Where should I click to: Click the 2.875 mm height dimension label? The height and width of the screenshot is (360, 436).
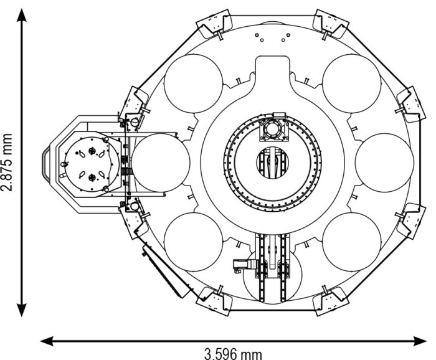click(x=7, y=163)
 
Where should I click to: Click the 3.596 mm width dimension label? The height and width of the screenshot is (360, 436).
click(x=233, y=354)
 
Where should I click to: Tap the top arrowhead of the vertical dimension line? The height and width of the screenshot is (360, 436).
click(x=22, y=15)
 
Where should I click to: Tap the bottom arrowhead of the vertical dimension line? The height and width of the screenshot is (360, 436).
click(x=22, y=310)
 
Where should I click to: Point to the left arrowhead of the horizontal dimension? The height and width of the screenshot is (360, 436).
click(x=47, y=341)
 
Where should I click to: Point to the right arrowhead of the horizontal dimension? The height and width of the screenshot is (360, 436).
click(x=420, y=341)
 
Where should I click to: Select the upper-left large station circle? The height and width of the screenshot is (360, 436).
click(x=194, y=83)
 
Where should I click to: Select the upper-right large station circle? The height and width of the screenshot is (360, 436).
click(x=352, y=83)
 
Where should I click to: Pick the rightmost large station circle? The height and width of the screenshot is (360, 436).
click(x=384, y=163)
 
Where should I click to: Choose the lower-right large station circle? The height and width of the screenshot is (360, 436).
click(x=352, y=242)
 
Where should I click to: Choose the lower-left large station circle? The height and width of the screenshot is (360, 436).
click(x=194, y=242)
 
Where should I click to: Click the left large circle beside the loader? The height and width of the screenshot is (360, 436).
click(x=161, y=163)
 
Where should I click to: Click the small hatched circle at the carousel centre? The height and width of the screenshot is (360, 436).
click(x=272, y=163)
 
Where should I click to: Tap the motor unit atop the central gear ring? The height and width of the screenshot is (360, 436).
click(x=273, y=128)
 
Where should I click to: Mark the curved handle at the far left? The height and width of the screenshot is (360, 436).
click(x=46, y=164)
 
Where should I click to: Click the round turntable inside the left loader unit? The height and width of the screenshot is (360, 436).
click(x=92, y=164)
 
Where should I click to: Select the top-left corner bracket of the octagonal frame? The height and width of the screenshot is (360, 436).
click(x=214, y=24)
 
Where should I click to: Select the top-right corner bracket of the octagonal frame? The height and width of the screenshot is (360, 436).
click(x=331, y=24)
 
